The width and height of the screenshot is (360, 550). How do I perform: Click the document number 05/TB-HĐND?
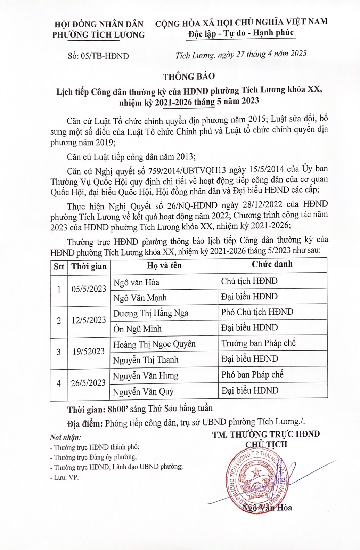99,56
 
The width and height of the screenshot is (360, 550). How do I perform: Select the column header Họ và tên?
164,266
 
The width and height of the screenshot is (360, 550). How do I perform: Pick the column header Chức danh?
272,264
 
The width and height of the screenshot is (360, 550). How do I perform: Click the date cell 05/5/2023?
89,289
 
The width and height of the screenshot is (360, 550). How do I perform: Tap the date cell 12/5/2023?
89,320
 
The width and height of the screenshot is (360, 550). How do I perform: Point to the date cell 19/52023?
89,351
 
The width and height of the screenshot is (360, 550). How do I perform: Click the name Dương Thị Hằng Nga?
151,313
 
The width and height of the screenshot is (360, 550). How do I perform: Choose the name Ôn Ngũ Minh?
137,329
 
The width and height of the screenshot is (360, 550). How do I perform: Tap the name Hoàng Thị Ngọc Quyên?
154,344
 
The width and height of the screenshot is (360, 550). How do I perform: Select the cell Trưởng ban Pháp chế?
259,343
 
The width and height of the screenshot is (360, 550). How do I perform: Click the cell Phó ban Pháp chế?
252,374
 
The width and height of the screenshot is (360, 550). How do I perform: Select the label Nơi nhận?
65,437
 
